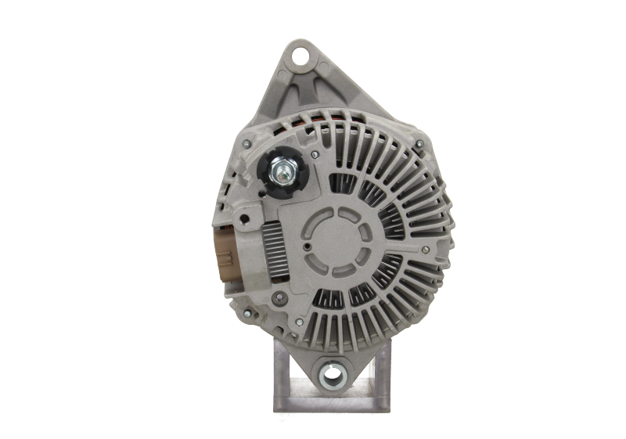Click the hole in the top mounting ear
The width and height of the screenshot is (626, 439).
(299, 56)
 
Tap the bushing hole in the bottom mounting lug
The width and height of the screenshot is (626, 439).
(333, 373)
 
